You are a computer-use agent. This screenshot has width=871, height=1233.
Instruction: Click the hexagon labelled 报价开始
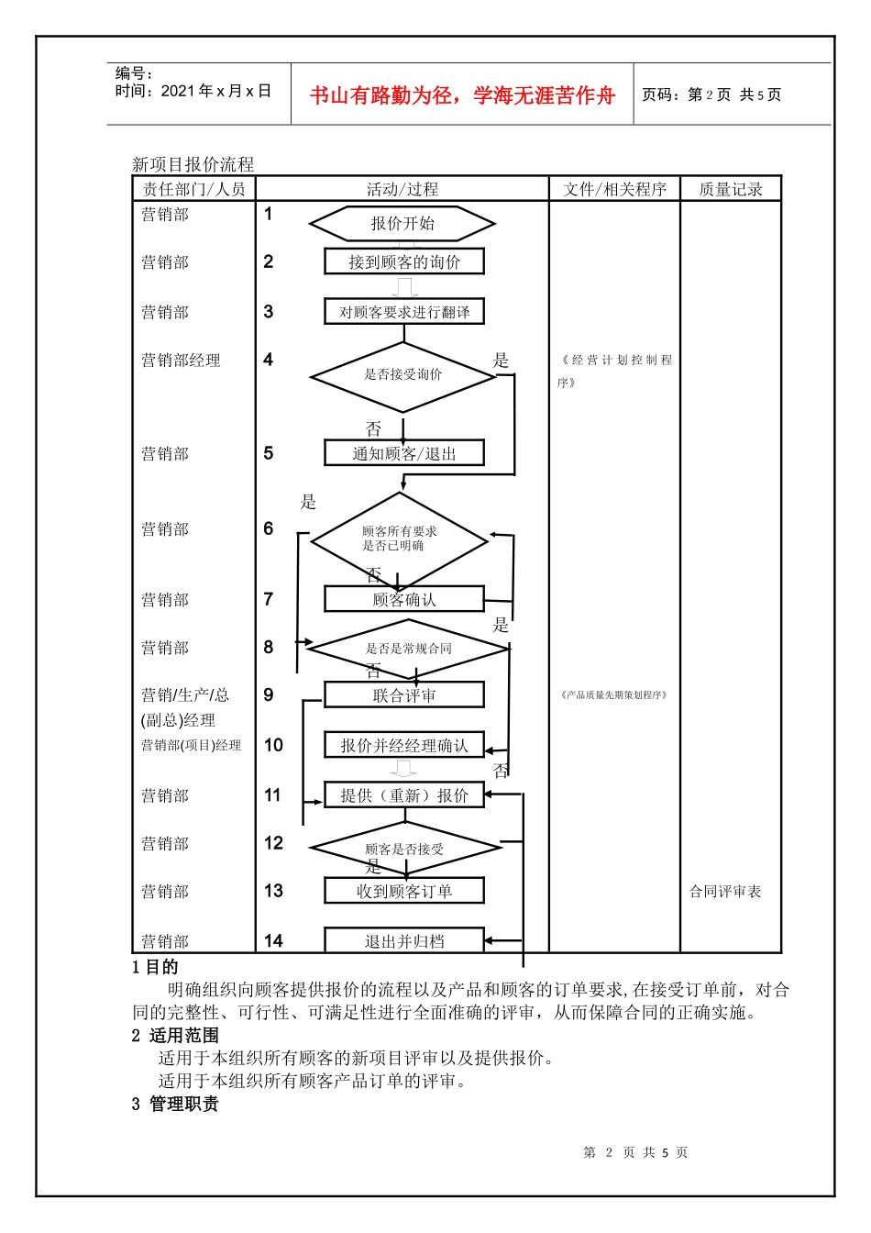(x=402, y=224)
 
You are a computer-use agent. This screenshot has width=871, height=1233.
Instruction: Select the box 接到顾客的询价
(x=404, y=261)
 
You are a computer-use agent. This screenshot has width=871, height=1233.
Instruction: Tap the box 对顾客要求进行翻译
(x=404, y=312)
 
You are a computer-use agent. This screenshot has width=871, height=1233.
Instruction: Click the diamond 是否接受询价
(x=402, y=375)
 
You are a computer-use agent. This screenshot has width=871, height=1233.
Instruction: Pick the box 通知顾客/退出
(x=404, y=453)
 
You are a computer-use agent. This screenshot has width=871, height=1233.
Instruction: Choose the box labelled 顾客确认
(x=404, y=600)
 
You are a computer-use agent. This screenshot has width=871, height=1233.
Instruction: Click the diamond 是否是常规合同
(x=408, y=649)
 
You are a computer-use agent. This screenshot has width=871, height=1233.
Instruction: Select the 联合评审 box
(x=404, y=695)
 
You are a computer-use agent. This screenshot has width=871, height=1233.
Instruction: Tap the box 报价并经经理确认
(x=404, y=745)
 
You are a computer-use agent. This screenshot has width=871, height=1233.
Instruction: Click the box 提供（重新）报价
(x=404, y=795)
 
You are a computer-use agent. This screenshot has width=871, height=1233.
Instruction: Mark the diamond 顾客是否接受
(x=404, y=849)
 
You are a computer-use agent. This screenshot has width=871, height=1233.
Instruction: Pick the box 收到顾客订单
(x=404, y=891)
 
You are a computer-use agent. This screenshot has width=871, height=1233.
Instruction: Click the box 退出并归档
(x=404, y=940)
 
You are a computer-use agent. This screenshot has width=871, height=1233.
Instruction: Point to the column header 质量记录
(x=731, y=189)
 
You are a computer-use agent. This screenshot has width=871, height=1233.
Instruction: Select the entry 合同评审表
(x=725, y=892)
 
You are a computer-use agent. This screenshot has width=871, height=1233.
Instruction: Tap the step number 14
(x=273, y=940)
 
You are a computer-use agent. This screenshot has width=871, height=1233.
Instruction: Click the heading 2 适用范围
(x=175, y=1036)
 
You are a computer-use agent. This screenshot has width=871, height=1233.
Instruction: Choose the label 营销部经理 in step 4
(x=181, y=361)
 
